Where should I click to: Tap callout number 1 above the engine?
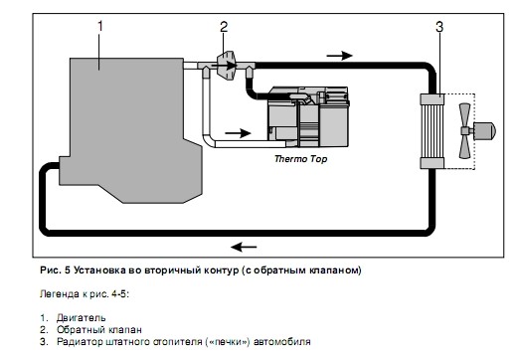98,22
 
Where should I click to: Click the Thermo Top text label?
300,158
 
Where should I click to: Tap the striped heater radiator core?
433,129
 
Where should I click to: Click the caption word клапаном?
330,270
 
